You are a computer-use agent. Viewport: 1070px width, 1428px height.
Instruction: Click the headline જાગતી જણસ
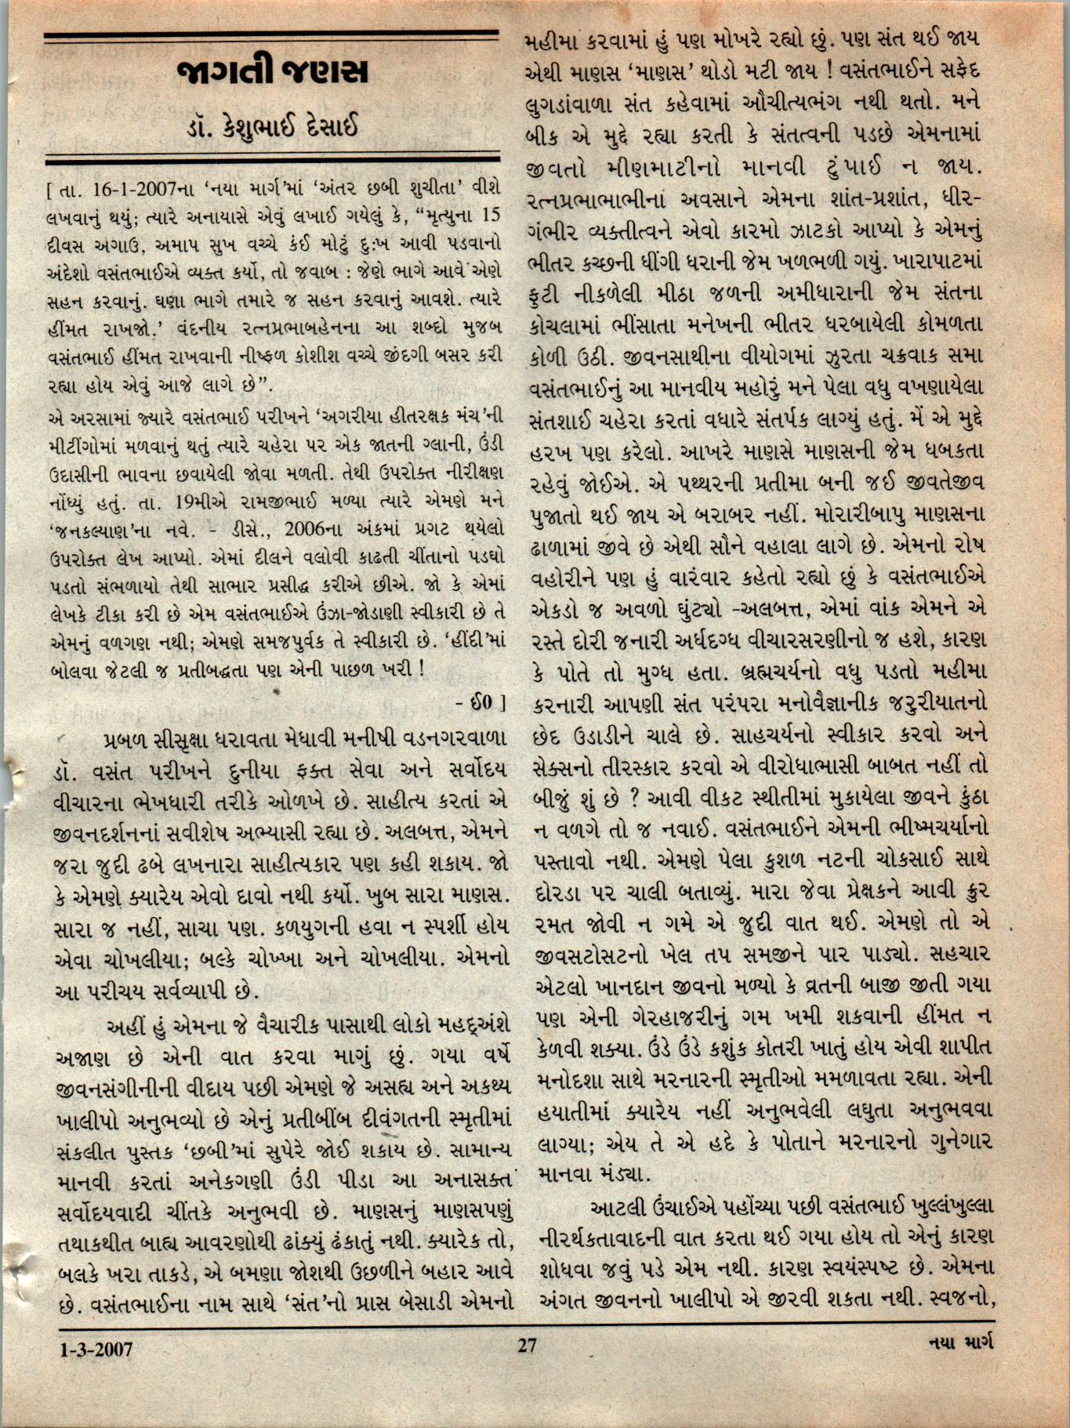(272, 74)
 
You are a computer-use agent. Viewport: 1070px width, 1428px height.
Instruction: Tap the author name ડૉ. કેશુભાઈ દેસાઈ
(272, 124)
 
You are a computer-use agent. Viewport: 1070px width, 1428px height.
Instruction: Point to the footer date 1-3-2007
(96, 1348)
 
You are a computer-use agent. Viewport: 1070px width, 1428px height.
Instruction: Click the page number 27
(527, 1345)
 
